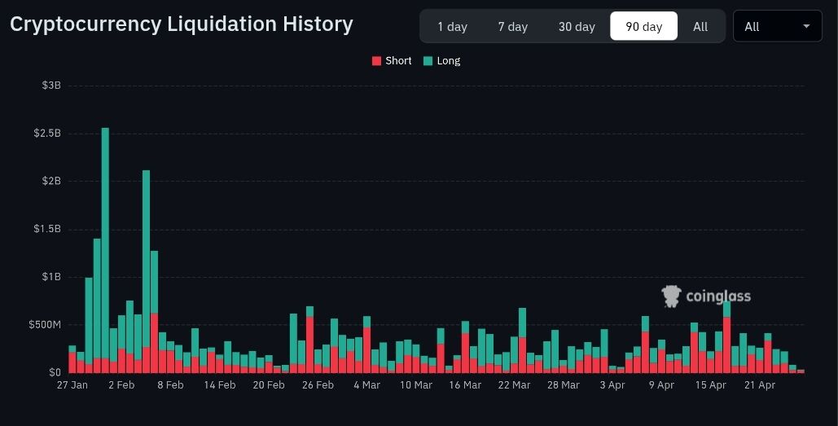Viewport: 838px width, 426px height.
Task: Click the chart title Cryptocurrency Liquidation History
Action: point(181,24)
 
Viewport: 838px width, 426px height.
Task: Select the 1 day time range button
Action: point(452,27)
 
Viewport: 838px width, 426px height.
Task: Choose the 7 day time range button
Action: point(513,27)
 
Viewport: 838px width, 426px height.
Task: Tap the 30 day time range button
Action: point(577,27)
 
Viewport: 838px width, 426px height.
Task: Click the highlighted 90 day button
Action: point(643,27)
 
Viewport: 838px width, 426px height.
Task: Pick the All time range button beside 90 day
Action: point(700,27)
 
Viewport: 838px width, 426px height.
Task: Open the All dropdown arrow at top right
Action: point(806,26)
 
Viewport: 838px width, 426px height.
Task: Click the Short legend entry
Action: point(392,61)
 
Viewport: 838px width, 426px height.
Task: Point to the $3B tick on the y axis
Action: point(51,86)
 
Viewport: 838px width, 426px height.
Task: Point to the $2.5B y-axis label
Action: point(47,133)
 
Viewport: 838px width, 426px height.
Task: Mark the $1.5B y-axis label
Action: point(47,229)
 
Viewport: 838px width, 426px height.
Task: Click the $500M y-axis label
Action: point(46,325)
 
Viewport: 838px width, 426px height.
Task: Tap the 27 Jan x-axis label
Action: point(72,385)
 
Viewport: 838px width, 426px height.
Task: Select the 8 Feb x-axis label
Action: point(169,385)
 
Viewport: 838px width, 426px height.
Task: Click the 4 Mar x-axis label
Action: point(366,385)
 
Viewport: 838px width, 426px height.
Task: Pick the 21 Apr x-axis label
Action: point(760,385)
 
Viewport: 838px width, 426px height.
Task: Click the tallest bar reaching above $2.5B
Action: point(105,244)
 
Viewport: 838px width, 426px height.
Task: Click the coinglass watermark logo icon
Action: point(671,296)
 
